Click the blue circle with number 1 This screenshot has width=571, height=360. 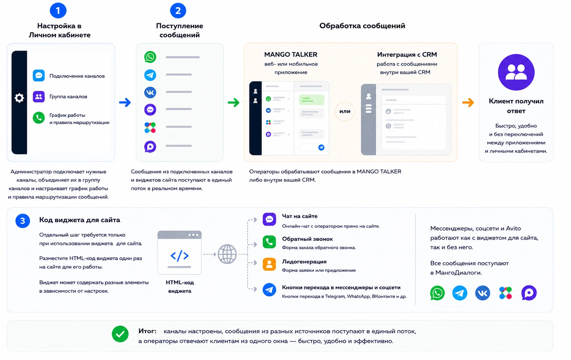(58, 10)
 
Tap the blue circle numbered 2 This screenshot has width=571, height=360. (178, 10)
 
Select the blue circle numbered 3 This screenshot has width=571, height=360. (23, 220)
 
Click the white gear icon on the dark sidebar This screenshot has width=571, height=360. (19, 98)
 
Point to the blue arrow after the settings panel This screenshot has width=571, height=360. (125, 102)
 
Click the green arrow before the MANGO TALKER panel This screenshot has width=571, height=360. (234, 102)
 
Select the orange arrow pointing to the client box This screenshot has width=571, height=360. (468, 102)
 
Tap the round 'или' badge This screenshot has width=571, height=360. (345, 111)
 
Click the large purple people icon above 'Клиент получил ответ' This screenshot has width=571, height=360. (516, 72)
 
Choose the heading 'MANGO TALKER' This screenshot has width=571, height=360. (291, 55)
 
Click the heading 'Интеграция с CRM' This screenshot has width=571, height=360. (407, 55)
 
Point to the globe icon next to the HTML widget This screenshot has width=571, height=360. (227, 254)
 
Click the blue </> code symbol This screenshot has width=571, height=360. (179, 256)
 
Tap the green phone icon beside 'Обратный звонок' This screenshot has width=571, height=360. (269, 242)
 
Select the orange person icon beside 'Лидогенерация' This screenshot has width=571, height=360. (269, 264)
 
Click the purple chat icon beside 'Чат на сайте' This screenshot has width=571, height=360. (269, 219)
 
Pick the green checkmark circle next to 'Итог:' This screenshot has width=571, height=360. (120, 334)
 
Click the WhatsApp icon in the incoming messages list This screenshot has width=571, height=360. (150, 57)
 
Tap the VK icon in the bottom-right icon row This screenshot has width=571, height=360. (482, 293)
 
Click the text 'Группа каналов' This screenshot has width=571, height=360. (68, 97)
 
